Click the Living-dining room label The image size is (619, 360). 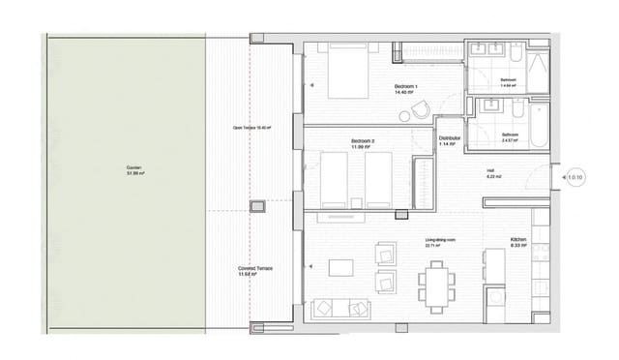pyautogui.click(x=440, y=242)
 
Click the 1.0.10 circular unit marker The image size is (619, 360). pyautogui.click(x=576, y=178)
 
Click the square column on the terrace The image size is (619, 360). pyautogui.click(x=258, y=207)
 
